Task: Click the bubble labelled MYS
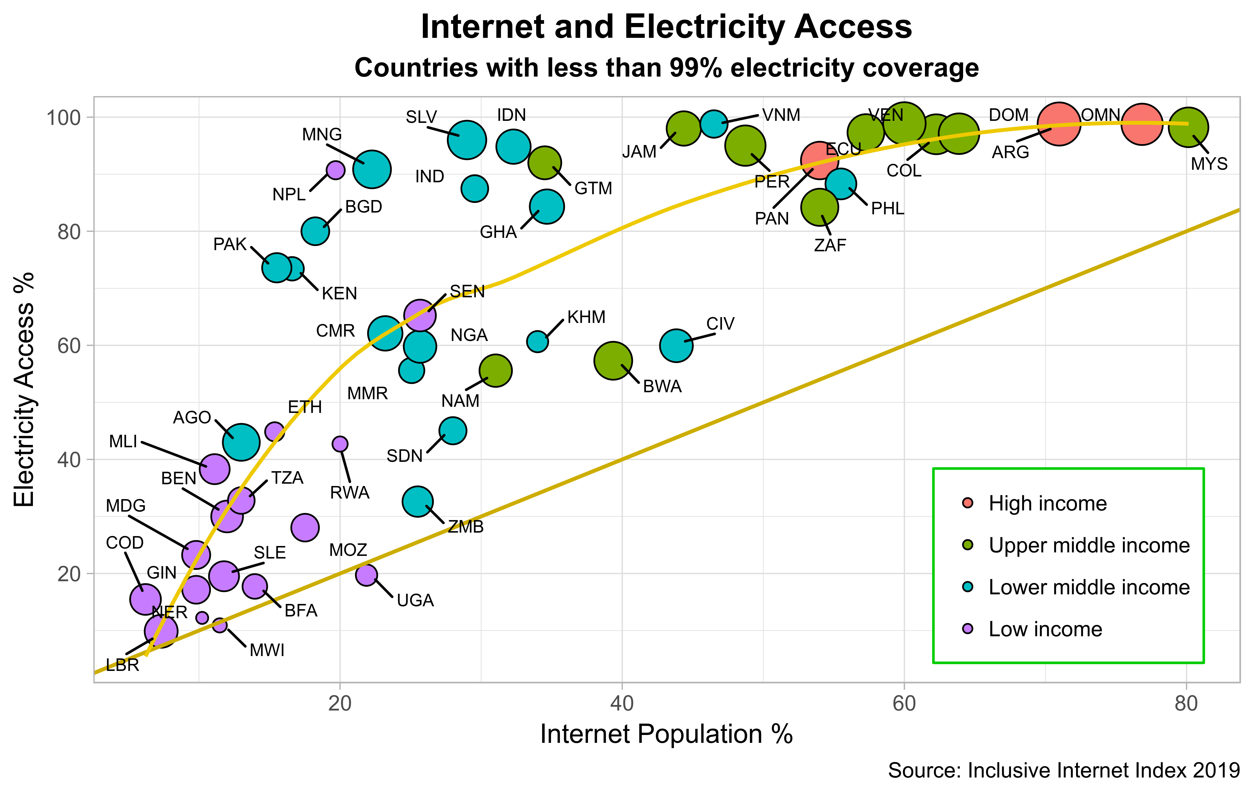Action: (1188, 127)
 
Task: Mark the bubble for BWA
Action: (613, 360)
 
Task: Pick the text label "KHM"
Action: (587, 317)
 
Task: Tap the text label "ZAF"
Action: (830, 245)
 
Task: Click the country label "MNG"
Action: (322, 135)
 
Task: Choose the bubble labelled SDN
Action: (453, 430)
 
